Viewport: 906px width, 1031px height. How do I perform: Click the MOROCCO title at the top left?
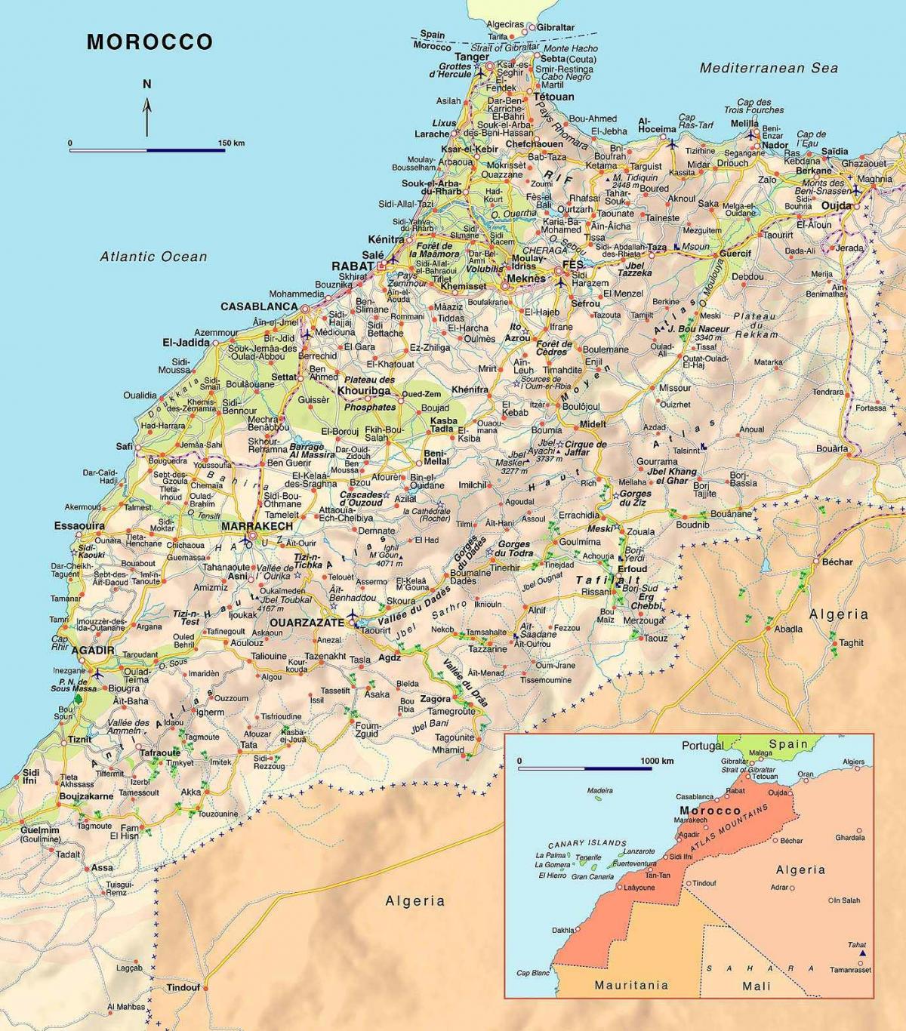149,42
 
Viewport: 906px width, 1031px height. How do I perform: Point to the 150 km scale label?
231,143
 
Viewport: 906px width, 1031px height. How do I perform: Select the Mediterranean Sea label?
769,68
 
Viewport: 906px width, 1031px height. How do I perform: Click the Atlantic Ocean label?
153,257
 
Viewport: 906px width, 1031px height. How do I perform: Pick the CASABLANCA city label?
259,306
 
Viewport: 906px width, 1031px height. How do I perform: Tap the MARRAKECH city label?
257,525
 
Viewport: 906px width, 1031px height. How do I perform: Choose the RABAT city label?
353,266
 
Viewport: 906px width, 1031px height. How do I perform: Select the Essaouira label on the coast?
79,525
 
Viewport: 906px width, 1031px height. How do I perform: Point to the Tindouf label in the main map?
183,988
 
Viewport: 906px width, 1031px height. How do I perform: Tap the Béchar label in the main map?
837,562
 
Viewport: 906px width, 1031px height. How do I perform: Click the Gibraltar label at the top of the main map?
556,27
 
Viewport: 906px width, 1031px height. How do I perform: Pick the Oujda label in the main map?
836,205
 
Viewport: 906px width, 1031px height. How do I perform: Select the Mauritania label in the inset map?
631,985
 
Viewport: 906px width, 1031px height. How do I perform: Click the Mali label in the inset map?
757,986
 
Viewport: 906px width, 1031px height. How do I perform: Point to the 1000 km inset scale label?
656,760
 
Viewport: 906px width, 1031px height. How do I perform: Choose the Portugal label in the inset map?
703,745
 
